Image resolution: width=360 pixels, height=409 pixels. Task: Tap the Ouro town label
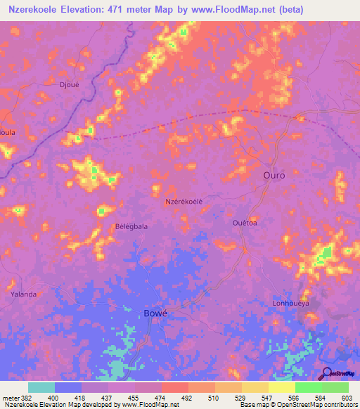point(274,175)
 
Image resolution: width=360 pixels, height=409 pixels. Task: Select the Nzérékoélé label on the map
point(184,201)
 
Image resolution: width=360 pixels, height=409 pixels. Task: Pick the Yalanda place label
point(23,294)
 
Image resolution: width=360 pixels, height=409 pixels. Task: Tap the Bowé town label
point(155,313)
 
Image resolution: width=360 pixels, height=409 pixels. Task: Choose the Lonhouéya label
point(290,304)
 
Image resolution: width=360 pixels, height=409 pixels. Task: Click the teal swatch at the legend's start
point(41,387)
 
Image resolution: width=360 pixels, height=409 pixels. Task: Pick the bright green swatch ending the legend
point(335,387)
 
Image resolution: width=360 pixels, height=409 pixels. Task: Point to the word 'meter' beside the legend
point(10,398)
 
